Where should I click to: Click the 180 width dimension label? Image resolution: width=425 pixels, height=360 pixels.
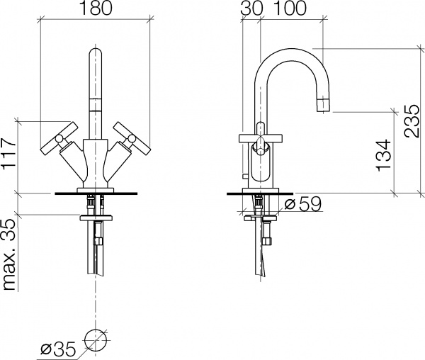pos(96,8)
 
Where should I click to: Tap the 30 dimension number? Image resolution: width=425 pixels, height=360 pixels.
pos(251,8)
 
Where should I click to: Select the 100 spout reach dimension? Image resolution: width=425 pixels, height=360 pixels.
pos(290,8)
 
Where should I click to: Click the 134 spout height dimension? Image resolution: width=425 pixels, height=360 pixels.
pos(384,156)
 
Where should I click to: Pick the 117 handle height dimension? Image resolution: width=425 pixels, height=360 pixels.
pos(8,154)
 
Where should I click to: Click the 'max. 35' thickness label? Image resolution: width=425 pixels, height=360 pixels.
pos(8,254)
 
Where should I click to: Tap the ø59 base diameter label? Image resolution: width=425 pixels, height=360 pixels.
pos(303,204)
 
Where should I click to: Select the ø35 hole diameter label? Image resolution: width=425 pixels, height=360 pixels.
pos(57,349)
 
